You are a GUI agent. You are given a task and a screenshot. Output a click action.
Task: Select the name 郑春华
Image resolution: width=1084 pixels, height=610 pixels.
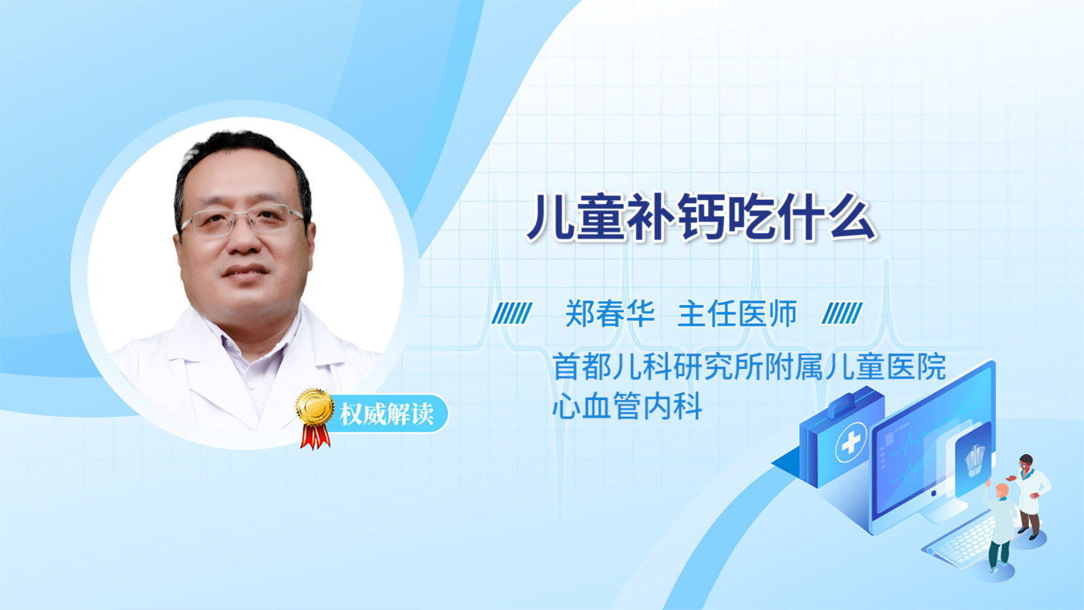pos(610,313)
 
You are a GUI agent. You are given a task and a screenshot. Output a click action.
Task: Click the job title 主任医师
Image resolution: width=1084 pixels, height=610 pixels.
pos(736,313)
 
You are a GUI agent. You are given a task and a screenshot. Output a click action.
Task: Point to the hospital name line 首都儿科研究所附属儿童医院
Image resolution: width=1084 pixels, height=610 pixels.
pos(749,367)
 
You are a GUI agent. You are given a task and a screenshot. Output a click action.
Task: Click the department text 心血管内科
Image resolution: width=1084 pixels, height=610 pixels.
pos(627,405)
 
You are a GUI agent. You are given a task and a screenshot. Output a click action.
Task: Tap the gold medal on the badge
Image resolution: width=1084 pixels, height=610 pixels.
pos(315,407)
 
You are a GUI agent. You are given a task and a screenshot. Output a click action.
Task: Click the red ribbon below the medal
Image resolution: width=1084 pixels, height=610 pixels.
pos(315,436)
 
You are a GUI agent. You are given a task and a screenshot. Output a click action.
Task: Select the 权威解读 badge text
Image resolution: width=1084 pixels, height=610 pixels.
pos(386,414)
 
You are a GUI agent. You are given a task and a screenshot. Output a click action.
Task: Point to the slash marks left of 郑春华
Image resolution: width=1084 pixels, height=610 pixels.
pos(512,313)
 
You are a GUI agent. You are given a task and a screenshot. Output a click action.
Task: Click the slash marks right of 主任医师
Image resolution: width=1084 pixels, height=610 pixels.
pos(842,313)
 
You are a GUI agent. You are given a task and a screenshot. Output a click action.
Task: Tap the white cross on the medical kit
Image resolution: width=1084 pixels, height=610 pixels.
pos(851,442)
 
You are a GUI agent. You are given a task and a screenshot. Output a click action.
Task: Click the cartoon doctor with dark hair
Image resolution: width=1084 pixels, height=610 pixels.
pos(1030,496)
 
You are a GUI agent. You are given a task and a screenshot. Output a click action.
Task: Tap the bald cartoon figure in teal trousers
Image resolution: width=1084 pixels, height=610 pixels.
pos(1000,528)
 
